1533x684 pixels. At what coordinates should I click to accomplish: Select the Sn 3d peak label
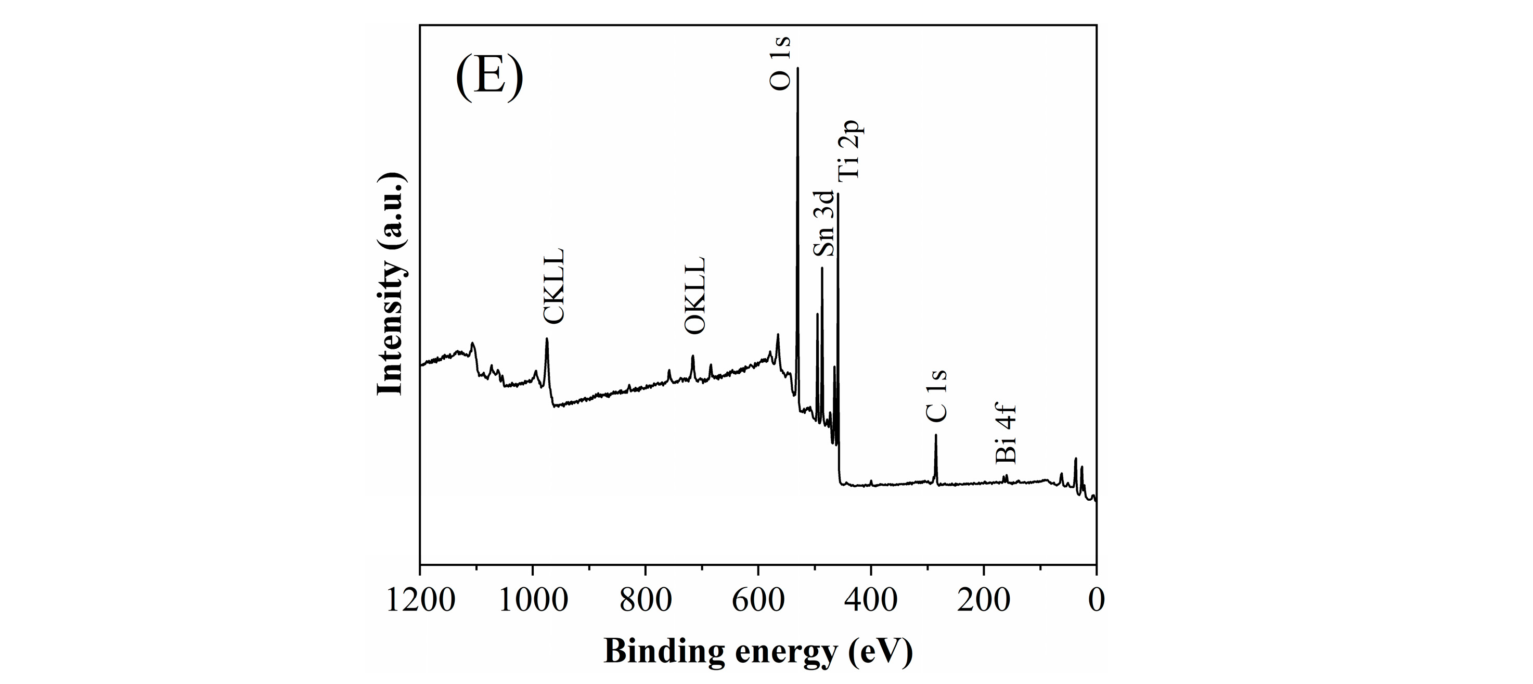click(x=823, y=223)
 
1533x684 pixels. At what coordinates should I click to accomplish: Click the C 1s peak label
click(x=936, y=395)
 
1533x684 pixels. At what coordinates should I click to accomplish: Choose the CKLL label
click(x=553, y=286)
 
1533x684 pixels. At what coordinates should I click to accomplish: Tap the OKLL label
click(x=694, y=295)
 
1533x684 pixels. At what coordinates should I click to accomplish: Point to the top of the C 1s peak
click(x=935, y=435)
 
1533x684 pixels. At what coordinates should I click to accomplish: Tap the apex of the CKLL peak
click(x=546, y=339)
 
